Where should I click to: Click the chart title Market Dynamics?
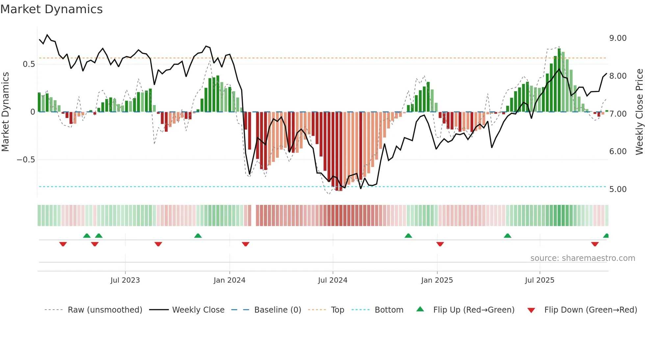pyautogui.click(x=51, y=9)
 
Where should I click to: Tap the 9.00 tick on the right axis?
pyautogui.click(x=618, y=38)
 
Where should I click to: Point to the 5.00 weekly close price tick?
pyautogui.click(x=618, y=189)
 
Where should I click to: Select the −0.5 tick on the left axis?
pyautogui.click(x=26, y=160)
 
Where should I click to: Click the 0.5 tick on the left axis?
pyautogui.click(x=29, y=64)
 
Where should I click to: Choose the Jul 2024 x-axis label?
pyautogui.click(x=332, y=280)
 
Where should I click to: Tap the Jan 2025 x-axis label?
pyautogui.click(x=437, y=280)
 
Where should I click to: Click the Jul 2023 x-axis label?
pyautogui.click(x=125, y=280)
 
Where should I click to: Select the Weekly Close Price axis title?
pyautogui.click(x=639, y=112)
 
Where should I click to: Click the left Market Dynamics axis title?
pyautogui.click(x=5, y=112)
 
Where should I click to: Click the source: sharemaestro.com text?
pyautogui.click(x=582, y=258)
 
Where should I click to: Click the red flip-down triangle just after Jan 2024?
pyautogui.click(x=245, y=244)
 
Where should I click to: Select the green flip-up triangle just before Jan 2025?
pyautogui.click(x=408, y=236)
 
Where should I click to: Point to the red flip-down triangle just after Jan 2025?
pyautogui.click(x=440, y=244)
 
